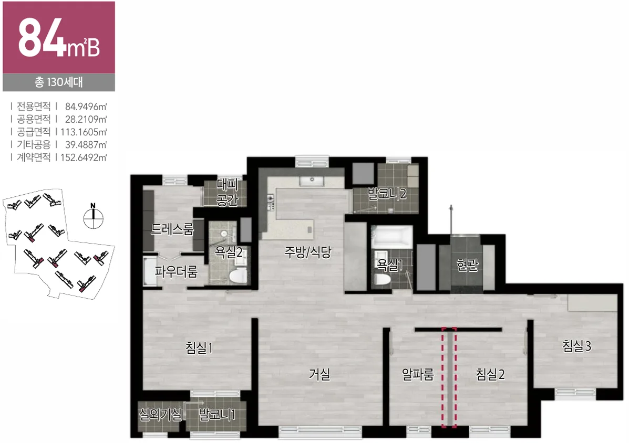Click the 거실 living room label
click(319, 375)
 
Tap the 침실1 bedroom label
click(199, 347)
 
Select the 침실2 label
click(490, 375)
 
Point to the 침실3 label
click(577, 346)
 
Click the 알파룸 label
click(418, 375)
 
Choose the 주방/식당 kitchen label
click(308, 252)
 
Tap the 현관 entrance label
click(468, 265)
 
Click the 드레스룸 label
click(172, 229)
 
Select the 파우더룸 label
click(176, 272)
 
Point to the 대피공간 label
click(228, 192)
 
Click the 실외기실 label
click(160, 414)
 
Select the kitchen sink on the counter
click(312, 181)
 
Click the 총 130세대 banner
click(59, 82)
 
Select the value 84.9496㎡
click(86, 107)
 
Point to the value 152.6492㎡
click(84, 157)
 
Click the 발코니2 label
click(387, 194)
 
